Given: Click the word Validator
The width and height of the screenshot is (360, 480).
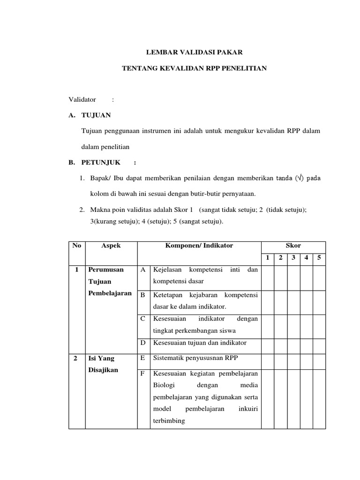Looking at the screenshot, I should pyautogui.click(x=82, y=99).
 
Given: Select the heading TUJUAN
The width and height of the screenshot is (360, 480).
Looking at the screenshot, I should pyautogui.click(x=96, y=115).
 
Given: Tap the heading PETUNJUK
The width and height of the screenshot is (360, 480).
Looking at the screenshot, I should pyautogui.click(x=101, y=163).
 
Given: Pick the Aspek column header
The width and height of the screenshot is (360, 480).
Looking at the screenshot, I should pyautogui.click(x=111, y=246).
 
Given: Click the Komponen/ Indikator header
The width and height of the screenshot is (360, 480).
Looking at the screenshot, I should pyautogui.click(x=199, y=246).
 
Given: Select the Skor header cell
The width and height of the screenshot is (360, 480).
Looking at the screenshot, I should pyautogui.click(x=293, y=246).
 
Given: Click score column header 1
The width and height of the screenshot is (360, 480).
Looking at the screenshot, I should pyautogui.click(x=268, y=258).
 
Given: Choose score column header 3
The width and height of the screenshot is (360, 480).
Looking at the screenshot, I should pyautogui.click(x=293, y=258).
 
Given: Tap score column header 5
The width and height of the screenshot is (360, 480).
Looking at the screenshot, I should pyautogui.click(x=319, y=258).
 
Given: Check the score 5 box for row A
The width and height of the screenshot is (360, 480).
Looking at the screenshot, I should pyautogui.click(x=319, y=277).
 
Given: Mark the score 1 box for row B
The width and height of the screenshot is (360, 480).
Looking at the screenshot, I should pyautogui.click(x=268, y=302).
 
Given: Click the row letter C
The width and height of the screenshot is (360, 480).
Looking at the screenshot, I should pyautogui.click(x=143, y=319).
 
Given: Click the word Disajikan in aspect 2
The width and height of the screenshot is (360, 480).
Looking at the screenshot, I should pyautogui.click(x=103, y=369).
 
